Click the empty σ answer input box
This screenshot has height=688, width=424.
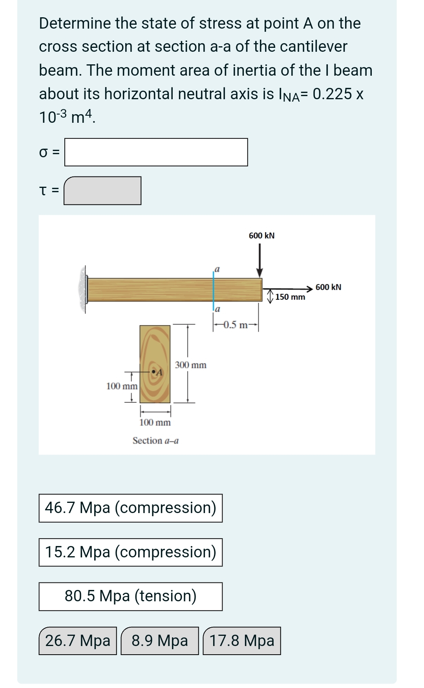pyautogui.click(x=156, y=152)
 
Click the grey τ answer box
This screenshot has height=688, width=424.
pyautogui.click(x=102, y=191)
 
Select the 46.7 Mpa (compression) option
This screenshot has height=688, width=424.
pyautogui.click(x=130, y=508)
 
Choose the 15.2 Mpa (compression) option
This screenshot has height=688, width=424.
pyautogui.click(x=130, y=552)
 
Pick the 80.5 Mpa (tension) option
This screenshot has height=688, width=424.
pyautogui.click(x=130, y=596)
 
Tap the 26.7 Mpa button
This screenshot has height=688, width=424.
pyautogui.click(x=78, y=641)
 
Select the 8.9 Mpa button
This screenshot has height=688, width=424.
pyautogui.click(x=159, y=641)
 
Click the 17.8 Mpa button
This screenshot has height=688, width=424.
pyautogui.click(x=242, y=641)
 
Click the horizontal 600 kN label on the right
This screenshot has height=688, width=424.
pyautogui.click(x=328, y=287)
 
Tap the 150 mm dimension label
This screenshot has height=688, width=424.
pyautogui.click(x=290, y=297)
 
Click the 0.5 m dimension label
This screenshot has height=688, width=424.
pyautogui.click(x=235, y=325)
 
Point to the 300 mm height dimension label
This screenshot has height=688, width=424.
pyautogui.click(x=190, y=365)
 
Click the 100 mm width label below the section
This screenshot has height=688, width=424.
pyautogui.click(x=155, y=422)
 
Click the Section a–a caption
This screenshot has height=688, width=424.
pyautogui.click(x=155, y=441)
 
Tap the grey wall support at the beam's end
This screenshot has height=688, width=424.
pyautogui.click(x=83, y=289)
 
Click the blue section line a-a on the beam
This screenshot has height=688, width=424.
pyautogui.click(x=214, y=289)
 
